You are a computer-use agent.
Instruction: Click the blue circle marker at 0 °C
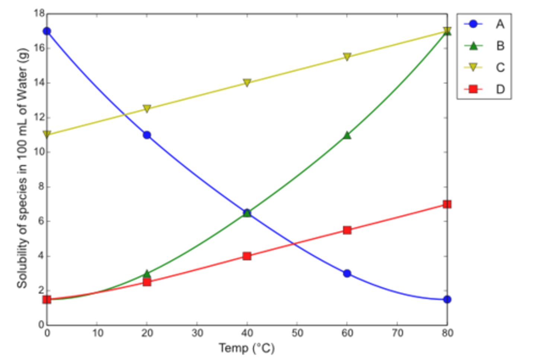[x=47, y=31]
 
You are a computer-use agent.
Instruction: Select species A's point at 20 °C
[x=147, y=135]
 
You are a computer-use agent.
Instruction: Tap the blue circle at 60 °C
[x=347, y=274]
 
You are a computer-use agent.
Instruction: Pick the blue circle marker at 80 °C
[x=447, y=299]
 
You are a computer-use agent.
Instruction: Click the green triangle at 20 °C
[x=147, y=274]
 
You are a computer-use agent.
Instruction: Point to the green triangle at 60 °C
[x=347, y=135]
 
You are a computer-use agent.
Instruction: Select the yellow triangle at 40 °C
[x=247, y=83]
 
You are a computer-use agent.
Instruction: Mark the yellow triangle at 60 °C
[x=347, y=57]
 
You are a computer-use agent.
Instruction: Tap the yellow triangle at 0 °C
[x=47, y=134]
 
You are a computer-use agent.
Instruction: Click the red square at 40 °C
[x=247, y=256]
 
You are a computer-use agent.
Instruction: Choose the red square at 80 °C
[x=447, y=204]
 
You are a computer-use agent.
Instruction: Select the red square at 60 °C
[x=347, y=230]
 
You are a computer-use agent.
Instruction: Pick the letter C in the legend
[x=500, y=67]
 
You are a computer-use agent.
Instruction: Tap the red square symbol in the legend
[x=473, y=89]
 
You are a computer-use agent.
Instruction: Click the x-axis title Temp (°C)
[x=247, y=348]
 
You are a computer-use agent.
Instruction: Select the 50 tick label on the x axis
[x=297, y=333]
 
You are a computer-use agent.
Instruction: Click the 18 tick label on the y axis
[x=39, y=14]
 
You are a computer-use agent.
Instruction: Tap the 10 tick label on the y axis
[x=39, y=152]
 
